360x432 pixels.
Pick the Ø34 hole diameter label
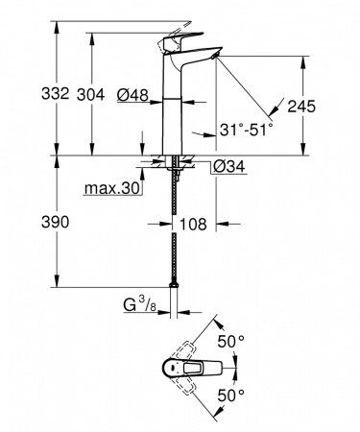(x=227, y=167)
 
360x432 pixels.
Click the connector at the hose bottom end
(x=175, y=285)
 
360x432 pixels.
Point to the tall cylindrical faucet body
(x=177, y=106)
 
